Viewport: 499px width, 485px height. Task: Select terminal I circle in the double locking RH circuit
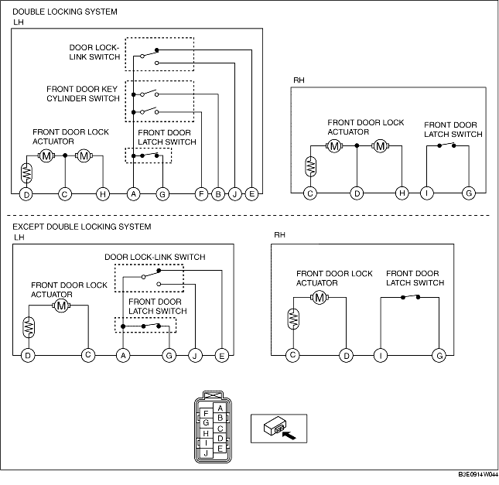click(426, 193)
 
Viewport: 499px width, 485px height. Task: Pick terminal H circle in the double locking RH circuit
click(402, 193)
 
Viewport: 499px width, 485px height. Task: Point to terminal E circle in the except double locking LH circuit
click(222, 355)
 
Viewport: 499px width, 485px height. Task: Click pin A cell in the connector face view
click(220, 408)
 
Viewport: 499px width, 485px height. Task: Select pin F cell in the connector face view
click(206, 414)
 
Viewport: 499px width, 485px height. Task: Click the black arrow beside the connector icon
click(289, 435)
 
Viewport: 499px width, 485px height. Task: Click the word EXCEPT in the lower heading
click(29, 227)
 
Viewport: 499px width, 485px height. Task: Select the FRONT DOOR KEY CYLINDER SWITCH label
click(83, 94)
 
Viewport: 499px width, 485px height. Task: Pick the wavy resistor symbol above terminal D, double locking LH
click(27, 169)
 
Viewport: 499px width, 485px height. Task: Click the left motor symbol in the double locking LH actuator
click(46, 156)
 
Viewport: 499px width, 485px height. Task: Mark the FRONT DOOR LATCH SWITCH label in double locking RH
click(453, 130)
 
